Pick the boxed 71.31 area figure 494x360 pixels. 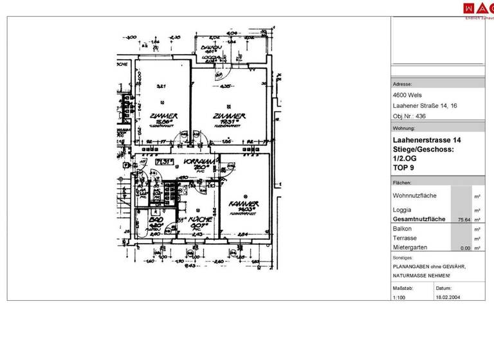click(x=164, y=163)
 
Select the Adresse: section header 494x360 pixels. click(x=403, y=84)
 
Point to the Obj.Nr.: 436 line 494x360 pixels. click(x=409, y=116)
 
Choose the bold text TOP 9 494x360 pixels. click(x=404, y=168)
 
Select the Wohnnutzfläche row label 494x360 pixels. click(x=415, y=195)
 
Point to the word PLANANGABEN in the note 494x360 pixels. click(x=412, y=266)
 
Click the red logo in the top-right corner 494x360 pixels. click(x=479, y=8)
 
